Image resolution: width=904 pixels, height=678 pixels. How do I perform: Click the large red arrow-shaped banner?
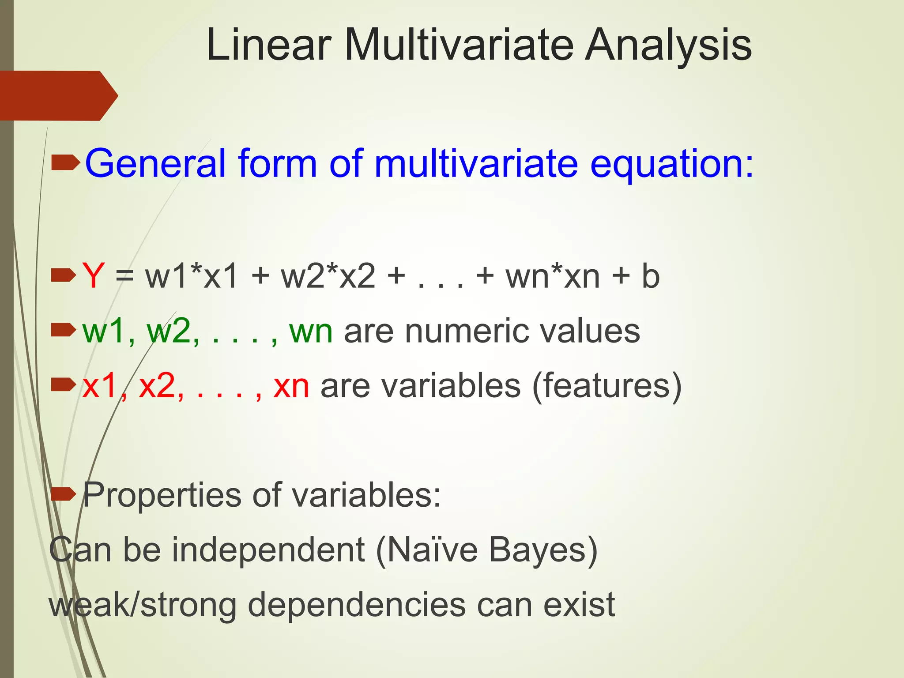point(57,95)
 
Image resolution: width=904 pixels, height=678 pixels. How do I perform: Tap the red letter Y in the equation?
point(93,276)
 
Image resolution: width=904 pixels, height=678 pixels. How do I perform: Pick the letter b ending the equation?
point(650,276)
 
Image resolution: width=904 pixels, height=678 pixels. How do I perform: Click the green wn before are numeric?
point(311,331)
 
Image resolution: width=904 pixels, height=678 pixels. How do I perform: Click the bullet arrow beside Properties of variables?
point(64,494)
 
